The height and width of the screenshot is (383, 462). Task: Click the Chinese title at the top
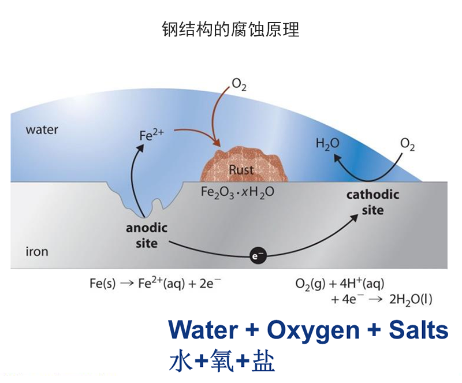point(230,29)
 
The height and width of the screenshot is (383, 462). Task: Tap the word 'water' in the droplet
point(42,129)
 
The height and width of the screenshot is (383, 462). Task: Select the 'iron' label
point(37,252)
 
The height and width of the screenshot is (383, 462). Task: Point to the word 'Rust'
point(241,170)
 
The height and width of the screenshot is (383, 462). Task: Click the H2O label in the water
point(327,144)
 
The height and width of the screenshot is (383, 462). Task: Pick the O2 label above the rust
point(239,86)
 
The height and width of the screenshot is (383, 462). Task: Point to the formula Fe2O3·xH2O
point(237,192)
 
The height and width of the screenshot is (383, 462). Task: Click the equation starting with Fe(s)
point(155,284)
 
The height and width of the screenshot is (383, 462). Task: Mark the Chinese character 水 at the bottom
point(181,361)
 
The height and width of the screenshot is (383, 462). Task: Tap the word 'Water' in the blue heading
point(203,330)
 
